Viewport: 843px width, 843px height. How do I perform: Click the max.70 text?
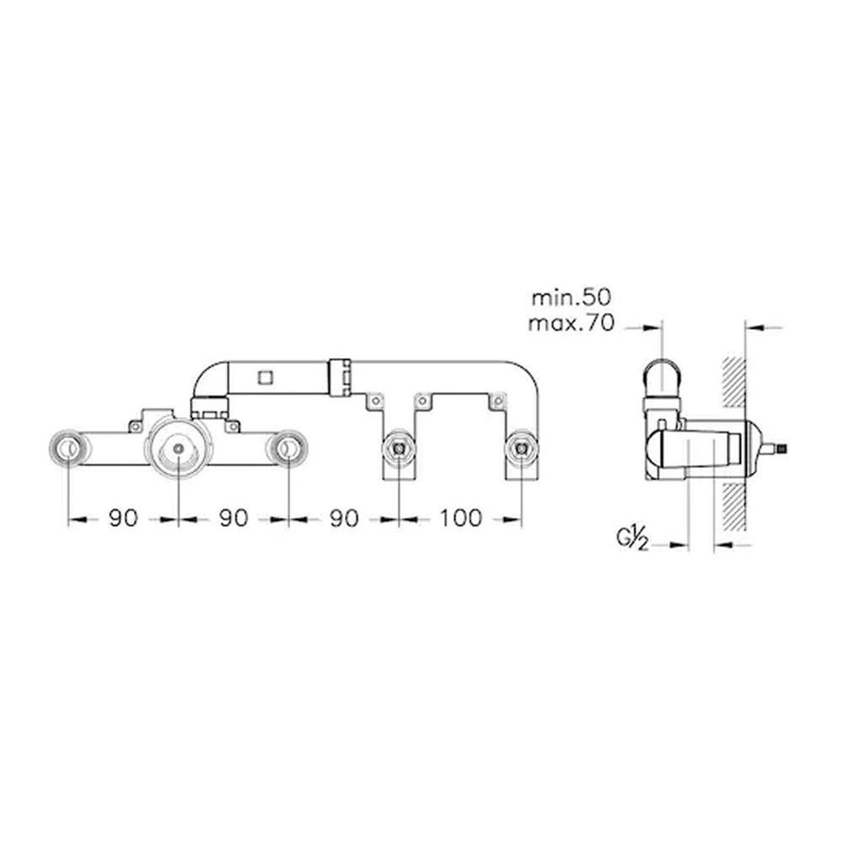click(571, 324)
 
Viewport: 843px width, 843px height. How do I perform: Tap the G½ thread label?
click(632, 540)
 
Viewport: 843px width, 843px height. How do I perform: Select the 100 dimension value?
click(461, 518)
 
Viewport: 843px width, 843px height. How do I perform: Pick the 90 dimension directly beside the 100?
click(344, 518)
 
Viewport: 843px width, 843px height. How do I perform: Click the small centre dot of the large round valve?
click(179, 448)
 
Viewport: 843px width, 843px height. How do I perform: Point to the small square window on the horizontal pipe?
click(265, 378)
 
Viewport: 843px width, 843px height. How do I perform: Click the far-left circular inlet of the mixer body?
click(68, 448)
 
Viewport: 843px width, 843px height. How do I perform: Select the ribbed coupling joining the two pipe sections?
click(340, 378)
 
